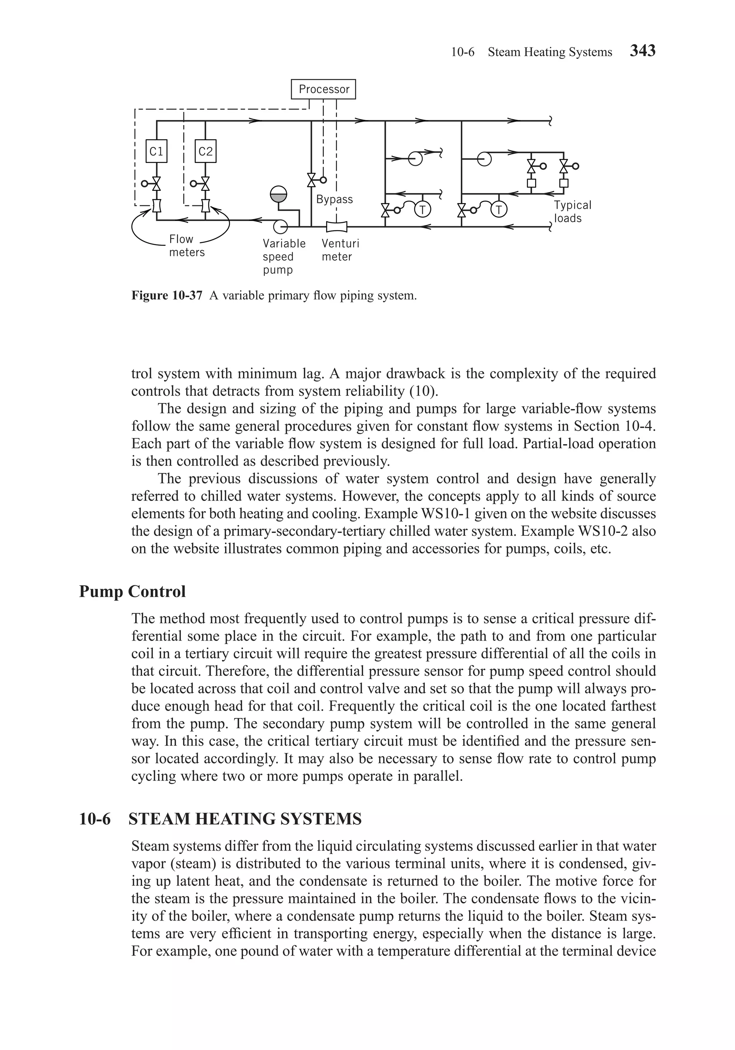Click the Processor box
[323, 89]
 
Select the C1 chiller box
[156, 151]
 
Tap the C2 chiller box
[205, 151]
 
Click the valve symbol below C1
[156, 184]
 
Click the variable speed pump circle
[279, 226]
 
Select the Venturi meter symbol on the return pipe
[337, 226]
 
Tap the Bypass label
[334, 200]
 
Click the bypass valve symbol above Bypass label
[312, 180]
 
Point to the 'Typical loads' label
[572, 211]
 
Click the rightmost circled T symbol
[499, 210]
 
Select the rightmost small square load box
[564, 183]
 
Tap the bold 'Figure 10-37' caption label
[167, 295]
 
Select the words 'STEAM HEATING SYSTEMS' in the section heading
[245, 819]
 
